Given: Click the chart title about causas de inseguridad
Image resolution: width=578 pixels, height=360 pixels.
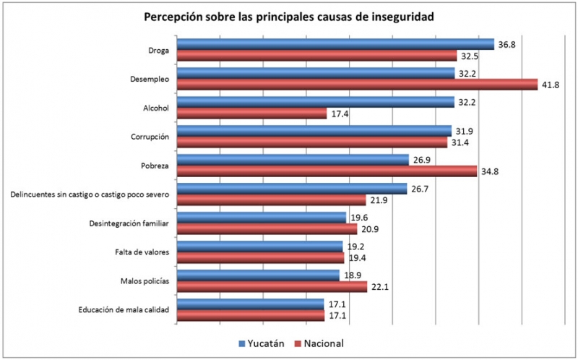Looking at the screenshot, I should point(288,17).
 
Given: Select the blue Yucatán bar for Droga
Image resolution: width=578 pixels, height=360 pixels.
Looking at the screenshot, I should point(335,44).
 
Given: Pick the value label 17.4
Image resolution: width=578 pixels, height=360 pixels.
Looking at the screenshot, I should point(339,113).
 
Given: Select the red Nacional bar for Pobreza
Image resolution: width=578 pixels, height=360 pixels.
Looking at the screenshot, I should point(327,171).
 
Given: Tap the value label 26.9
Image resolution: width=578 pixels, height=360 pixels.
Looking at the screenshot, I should point(421,160).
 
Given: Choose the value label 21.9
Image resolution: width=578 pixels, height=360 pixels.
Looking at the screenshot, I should point(378,200).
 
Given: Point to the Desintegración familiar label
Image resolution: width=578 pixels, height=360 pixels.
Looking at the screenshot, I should point(129,223).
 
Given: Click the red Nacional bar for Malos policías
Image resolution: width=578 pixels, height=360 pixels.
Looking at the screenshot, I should point(272,287).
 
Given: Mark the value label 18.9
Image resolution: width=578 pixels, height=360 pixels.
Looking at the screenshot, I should point(352,275).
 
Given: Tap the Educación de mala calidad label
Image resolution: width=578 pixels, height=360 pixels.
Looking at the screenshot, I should point(124,310).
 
